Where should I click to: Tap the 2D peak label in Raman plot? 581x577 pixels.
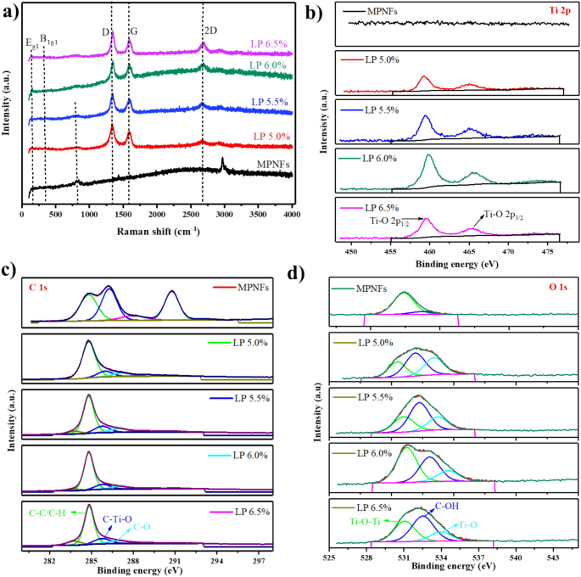click(209, 29)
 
